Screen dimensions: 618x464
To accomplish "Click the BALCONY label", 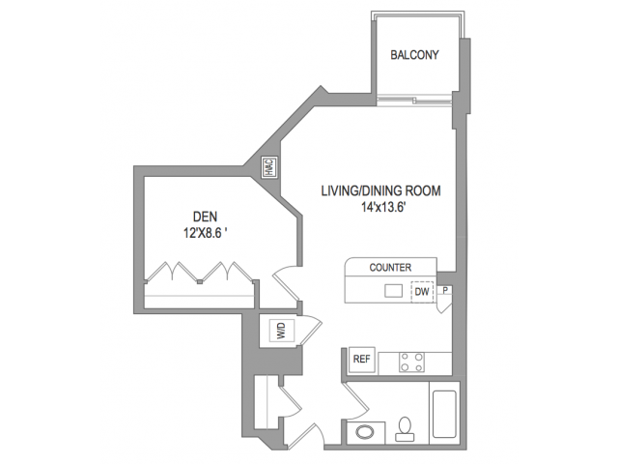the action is (414, 55).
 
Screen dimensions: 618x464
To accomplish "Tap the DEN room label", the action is (205, 217).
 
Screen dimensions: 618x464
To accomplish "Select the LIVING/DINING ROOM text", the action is (380, 191).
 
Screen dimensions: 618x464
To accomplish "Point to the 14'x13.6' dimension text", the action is (383, 207).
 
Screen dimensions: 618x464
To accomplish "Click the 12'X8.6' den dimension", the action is (205, 233).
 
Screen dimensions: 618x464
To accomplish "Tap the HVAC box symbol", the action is (270, 167).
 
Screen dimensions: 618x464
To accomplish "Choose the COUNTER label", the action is (390, 268).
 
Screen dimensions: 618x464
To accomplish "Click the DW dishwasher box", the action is (422, 292).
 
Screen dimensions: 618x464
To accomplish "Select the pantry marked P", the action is (445, 290).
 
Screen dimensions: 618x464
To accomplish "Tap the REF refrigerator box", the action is (362, 359).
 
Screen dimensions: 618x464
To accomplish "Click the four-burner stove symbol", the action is (412, 362).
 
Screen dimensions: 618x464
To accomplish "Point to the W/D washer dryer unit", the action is (281, 331).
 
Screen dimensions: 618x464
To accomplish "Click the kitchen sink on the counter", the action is (393, 291).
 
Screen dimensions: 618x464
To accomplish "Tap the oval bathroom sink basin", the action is (365, 432).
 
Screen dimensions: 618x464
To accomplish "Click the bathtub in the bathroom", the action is (444, 414).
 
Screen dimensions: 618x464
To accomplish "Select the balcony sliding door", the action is (414, 101).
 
